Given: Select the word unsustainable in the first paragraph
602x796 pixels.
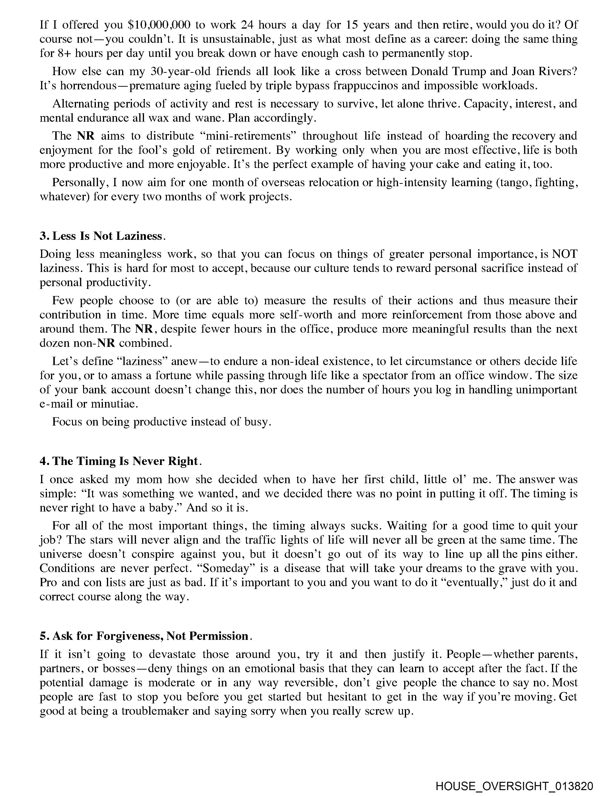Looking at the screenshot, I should coord(238,39).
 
